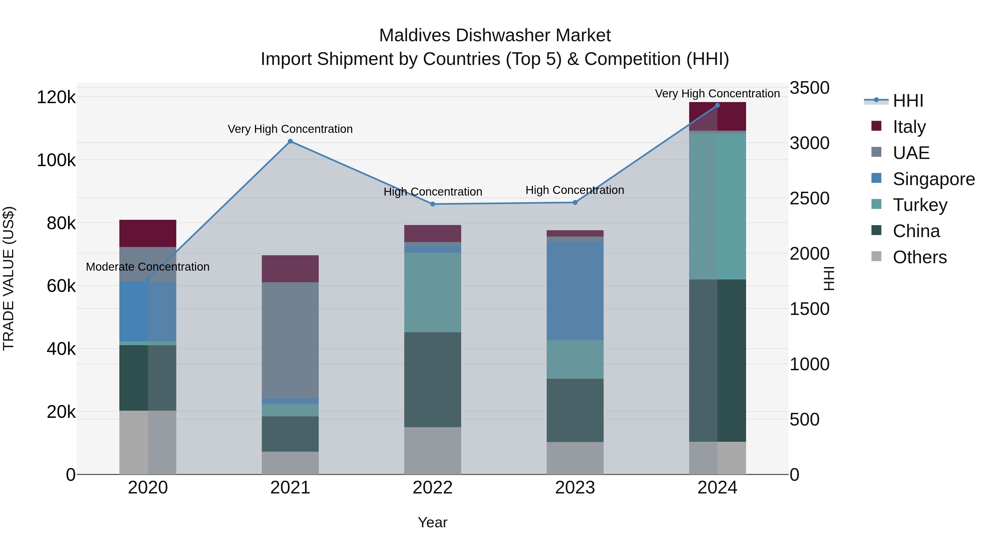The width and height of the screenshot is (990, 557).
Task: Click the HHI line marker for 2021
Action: pyautogui.click(x=290, y=141)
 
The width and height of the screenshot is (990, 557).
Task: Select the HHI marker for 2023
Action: pyautogui.click(x=575, y=202)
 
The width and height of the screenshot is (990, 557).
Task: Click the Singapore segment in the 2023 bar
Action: pyautogui.click(x=575, y=291)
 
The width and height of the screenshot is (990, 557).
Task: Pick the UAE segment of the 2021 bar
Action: pyautogui.click(x=290, y=340)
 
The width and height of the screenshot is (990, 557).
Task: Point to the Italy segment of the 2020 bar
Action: pyautogui.click(x=148, y=233)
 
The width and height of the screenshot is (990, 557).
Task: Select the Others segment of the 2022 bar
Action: pyautogui.click(x=432, y=451)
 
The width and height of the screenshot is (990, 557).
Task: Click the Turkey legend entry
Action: pyautogui.click(x=920, y=205)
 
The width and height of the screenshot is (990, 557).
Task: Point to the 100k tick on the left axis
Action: pyautogui.click(x=56, y=160)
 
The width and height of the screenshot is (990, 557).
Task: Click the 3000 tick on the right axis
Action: pyautogui.click(x=809, y=143)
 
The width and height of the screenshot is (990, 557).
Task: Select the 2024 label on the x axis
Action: pyautogui.click(x=717, y=488)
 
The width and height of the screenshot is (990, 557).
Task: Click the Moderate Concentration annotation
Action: pyautogui.click(x=148, y=267)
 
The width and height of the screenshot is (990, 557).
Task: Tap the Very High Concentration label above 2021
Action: pyautogui.click(x=290, y=129)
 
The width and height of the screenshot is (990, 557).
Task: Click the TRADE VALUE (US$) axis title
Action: pyautogui.click(x=9, y=278)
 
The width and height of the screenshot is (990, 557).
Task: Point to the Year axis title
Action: pyautogui.click(x=432, y=522)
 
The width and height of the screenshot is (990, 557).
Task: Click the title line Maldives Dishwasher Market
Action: pyautogui.click(x=495, y=35)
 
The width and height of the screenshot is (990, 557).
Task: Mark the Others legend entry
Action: pyautogui.click(x=919, y=257)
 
